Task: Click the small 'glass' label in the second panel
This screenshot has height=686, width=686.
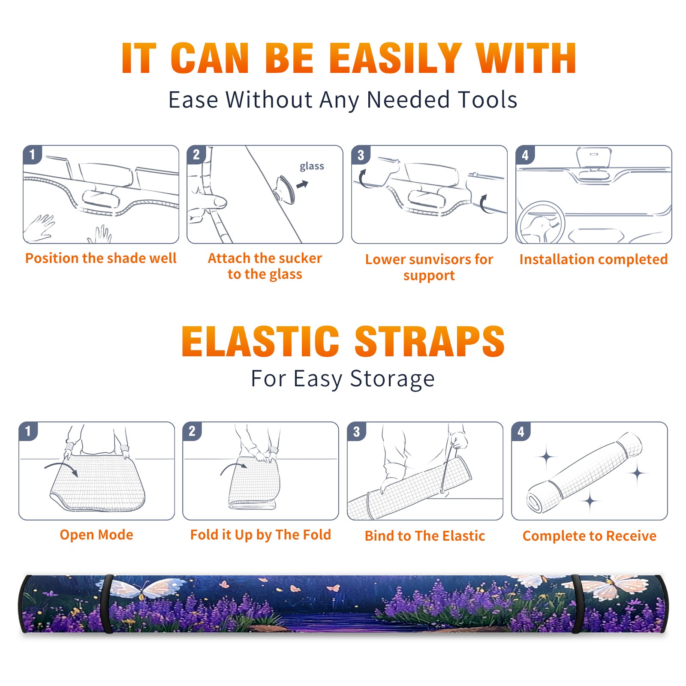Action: point(312,166)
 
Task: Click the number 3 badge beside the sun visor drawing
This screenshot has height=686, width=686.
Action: point(361,155)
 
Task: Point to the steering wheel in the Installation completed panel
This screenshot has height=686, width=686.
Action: point(541,222)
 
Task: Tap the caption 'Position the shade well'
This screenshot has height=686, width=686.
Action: point(101,258)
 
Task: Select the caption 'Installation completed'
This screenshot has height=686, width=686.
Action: point(593,259)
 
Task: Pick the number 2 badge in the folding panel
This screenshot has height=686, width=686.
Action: point(192,431)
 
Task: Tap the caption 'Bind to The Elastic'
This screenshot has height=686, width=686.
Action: point(425,536)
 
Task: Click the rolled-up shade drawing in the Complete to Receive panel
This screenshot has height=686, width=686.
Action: point(584,472)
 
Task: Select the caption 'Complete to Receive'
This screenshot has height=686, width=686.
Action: point(590,536)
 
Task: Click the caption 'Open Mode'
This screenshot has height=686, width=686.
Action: point(96,535)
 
